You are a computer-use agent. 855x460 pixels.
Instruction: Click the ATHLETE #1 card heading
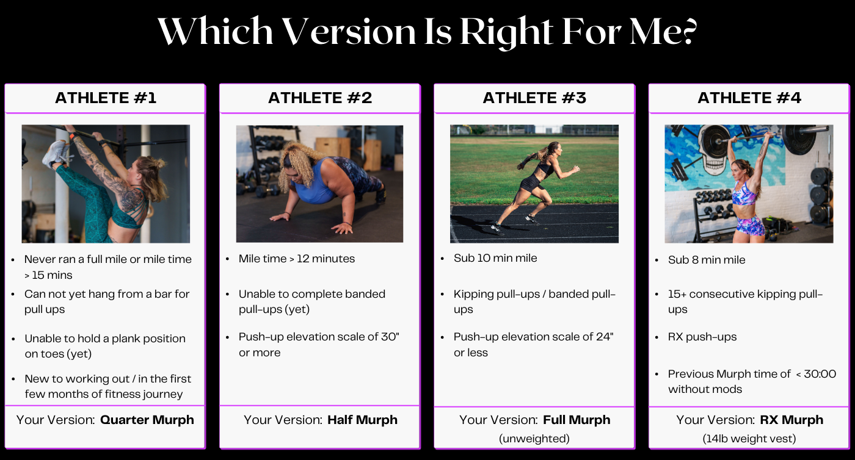pyautogui.click(x=106, y=98)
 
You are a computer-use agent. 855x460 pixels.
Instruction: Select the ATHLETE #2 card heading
pyautogui.click(x=320, y=98)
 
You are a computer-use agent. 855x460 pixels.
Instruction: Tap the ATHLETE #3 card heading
pyautogui.click(x=534, y=98)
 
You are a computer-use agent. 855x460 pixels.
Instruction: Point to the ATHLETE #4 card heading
pyautogui.click(x=749, y=98)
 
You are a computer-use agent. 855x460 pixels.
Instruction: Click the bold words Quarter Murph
pyautogui.click(x=147, y=420)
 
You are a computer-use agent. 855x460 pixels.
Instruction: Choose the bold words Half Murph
pyautogui.click(x=362, y=420)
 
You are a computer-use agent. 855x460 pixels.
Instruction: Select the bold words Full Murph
pyautogui.click(x=576, y=420)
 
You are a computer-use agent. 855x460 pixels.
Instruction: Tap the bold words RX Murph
pyautogui.click(x=791, y=420)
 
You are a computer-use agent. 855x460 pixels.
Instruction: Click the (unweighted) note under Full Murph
pyautogui.click(x=534, y=439)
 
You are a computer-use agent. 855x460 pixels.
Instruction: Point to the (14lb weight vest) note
pyautogui.click(x=749, y=439)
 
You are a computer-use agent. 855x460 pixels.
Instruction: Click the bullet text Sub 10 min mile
pyautogui.click(x=495, y=258)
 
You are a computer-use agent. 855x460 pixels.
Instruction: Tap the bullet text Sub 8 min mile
pyautogui.click(x=707, y=260)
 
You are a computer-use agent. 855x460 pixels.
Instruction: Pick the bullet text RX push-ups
pyautogui.click(x=702, y=337)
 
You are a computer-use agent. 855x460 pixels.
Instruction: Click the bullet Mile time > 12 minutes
pyautogui.click(x=297, y=259)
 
